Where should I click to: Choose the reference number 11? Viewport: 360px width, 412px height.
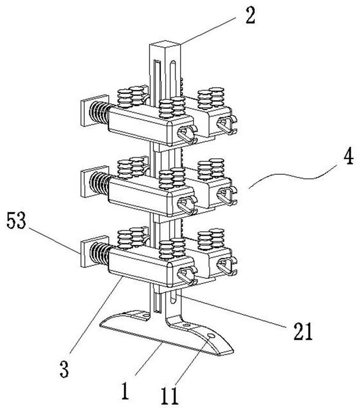[x=170, y=397]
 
